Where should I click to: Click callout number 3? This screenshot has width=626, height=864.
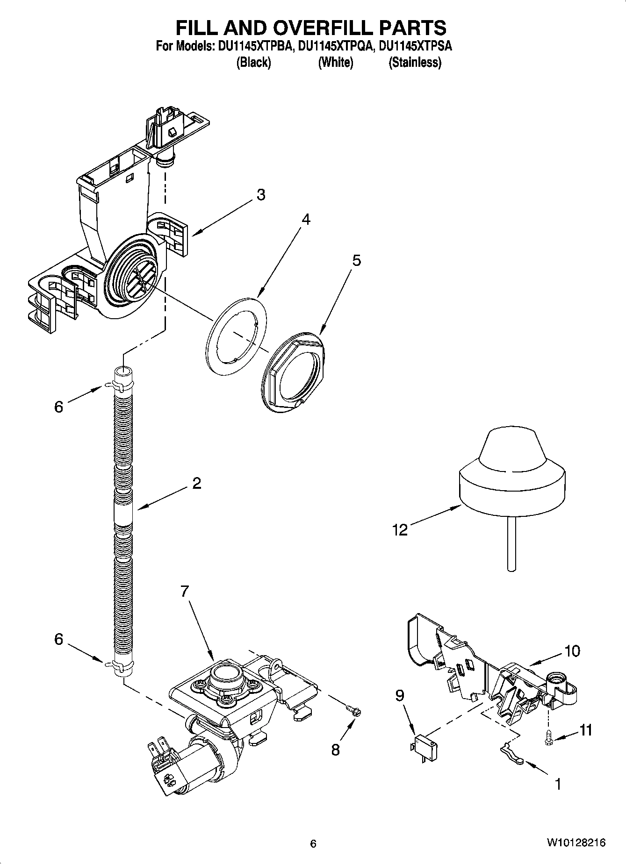tap(261, 194)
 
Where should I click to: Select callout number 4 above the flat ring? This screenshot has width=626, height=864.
tap(305, 219)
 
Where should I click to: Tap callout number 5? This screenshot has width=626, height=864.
tap(356, 260)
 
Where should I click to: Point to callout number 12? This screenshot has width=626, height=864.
tap(400, 530)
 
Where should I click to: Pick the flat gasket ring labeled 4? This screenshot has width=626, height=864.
tap(236, 335)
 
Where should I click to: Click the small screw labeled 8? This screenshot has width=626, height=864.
tap(351, 711)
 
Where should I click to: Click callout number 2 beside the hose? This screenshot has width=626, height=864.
tap(196, 483)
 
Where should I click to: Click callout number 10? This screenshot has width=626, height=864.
tap(572, 651)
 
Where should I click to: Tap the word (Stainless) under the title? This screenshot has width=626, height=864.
tap(415, 62)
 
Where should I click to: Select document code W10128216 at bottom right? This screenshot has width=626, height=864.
tap(576, 843)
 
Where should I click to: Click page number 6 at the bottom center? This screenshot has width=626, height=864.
tap(313, 843)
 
